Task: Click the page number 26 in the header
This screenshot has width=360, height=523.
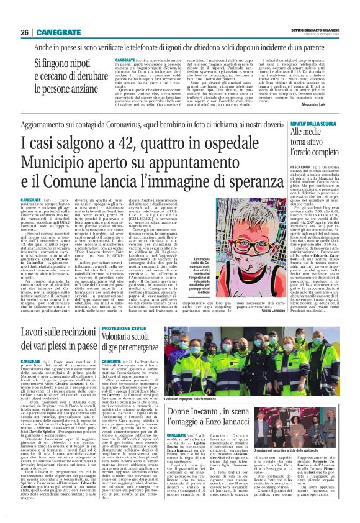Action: (x=24, y=32)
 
